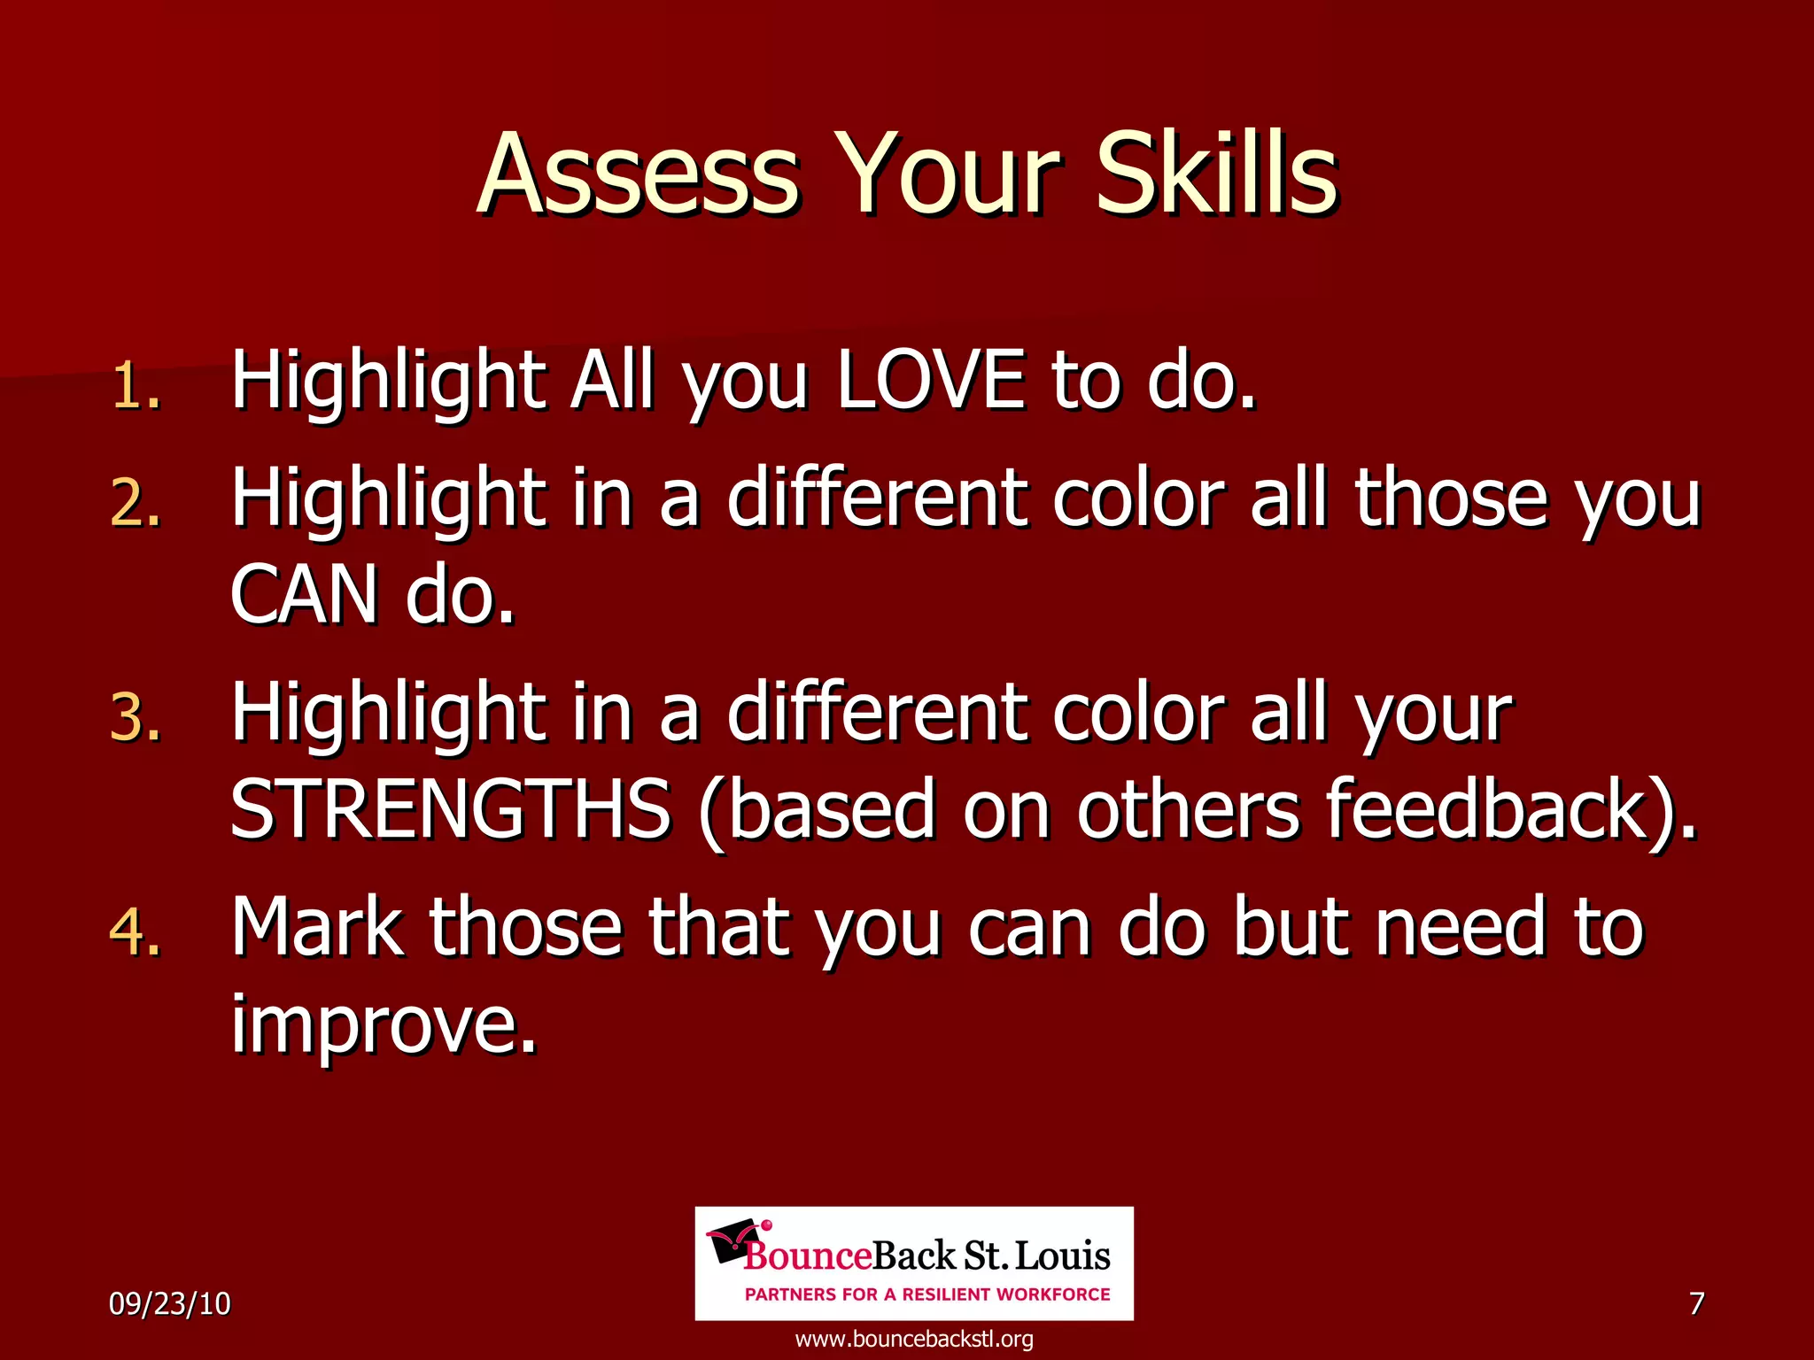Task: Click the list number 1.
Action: pos(136,387)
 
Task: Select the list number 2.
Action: pos(136,505)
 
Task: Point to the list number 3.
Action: pos(136,717)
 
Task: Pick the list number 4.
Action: pos(136,932)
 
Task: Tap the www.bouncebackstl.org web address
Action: pos(914,1339)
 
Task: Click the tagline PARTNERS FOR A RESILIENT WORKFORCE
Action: pos(926,1294)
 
